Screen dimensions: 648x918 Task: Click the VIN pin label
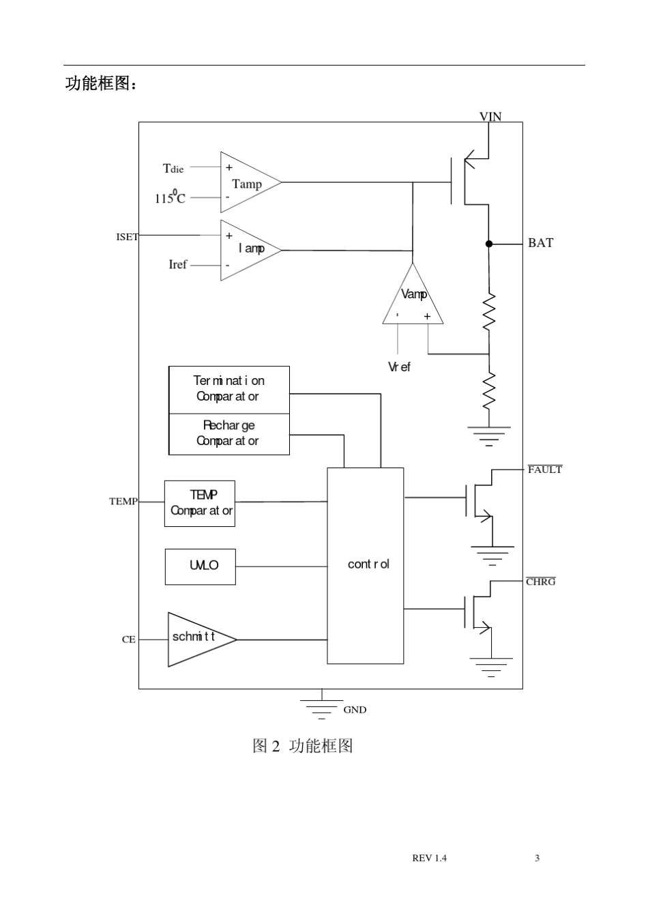pos(490,117)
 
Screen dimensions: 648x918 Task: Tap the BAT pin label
pos(540,243)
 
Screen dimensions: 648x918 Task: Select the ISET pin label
pos(127,237)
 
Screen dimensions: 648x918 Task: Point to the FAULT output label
pos(545,470)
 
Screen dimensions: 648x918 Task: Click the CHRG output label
pos(541,582)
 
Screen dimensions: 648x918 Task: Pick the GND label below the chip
pos(355,710)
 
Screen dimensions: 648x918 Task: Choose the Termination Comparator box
pos(229,390)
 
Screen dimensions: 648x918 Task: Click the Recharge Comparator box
pos(229,434)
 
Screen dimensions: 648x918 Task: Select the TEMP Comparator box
pos(199,504)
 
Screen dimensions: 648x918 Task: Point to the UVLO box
pos(201,566)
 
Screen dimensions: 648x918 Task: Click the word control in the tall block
pos(368,564)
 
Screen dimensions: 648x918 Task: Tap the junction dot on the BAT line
pos(488,244)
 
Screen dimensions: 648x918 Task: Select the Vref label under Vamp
pos(399,367)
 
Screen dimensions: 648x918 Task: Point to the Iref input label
pos(178,264)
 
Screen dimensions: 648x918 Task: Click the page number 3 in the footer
pos(537,858)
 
